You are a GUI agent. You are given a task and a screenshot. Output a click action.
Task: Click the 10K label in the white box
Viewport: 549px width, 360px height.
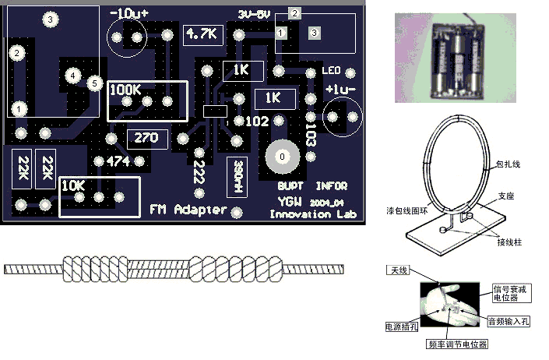tap(73, 186)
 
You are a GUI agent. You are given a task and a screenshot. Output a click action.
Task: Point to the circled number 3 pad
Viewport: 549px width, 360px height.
tap(51, 19)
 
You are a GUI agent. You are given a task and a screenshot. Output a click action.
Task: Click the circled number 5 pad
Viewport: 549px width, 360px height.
tap(95, 82)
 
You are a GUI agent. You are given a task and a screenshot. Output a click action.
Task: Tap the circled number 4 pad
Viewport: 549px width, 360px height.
tap(72, 76)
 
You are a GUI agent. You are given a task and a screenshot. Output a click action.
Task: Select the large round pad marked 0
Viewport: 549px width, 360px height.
tap(282, 156)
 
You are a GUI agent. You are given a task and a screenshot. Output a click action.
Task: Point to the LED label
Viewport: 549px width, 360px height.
tap(331, 72)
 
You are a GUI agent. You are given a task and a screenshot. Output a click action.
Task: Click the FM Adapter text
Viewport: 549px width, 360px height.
tap(188, 210)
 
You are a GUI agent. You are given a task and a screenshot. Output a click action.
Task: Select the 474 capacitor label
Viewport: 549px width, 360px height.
tap(118, 161)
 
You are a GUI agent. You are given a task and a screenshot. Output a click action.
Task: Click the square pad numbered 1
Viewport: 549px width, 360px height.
tap(281, 33)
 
